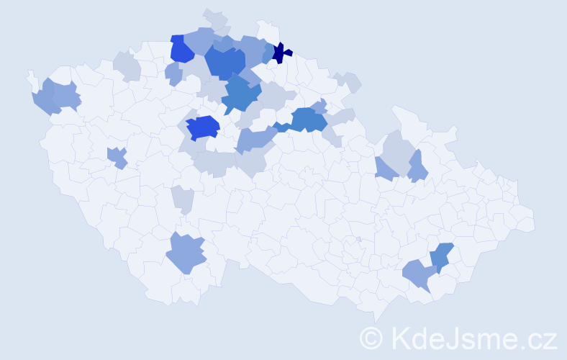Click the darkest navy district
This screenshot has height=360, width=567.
click(x=281, y=53)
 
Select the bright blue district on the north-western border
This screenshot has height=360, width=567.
click(x=181, y=49)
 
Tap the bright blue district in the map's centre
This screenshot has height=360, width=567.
click(x=203, y=127)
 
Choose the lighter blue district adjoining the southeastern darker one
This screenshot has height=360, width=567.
click(x=418, y=274)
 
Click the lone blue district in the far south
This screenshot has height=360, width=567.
click(x=186, y=253)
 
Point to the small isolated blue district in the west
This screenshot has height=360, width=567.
click(x=117, y=156)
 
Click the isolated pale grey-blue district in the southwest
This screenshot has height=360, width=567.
click(x=183, y=198)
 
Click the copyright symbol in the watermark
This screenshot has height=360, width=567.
click(x=371, y=337)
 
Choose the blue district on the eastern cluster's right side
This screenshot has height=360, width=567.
click(x=417, y=167)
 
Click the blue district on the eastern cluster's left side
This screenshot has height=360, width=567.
click(x=386, y=169)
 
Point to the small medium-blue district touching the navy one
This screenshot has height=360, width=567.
click(x=268, y=53)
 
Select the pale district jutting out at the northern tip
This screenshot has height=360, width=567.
click(x=214, y=18)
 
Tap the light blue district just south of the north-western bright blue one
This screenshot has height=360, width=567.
click(x=173, y=73)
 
